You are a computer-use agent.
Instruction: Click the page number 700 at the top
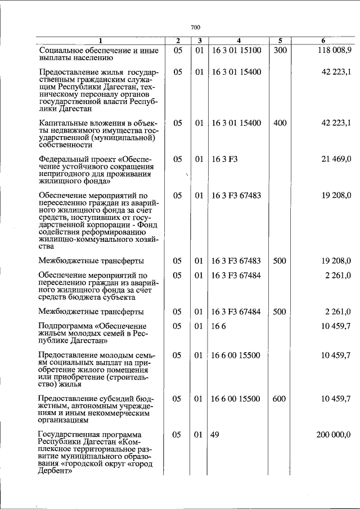(x=195, y=27)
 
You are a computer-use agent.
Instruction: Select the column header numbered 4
(x=238, y=40)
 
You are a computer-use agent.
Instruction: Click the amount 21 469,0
(x=336, y=160)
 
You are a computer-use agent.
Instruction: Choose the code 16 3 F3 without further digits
(x=225, y=160)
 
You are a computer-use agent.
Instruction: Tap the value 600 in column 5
(x=280, y=399)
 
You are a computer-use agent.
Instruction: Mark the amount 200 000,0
(x=334, y=435)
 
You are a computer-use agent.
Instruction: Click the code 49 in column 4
(x=214, y=435)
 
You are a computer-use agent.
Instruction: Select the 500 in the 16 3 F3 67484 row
(x=280, y=312)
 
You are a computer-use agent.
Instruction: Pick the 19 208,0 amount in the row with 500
(x=336, y=261)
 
